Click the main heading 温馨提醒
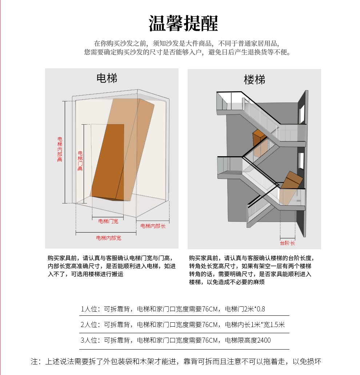183,24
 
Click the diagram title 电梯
107,78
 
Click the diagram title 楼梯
255,80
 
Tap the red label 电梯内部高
60,149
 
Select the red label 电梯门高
80,161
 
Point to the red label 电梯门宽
108,221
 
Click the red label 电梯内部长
153,226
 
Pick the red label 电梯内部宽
108,238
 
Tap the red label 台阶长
287,243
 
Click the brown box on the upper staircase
259,137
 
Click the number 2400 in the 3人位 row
264,340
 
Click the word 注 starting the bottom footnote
35,362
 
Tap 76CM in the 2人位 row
211,324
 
